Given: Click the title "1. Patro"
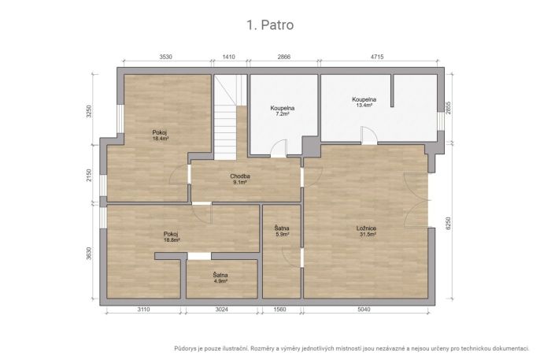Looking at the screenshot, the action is (x=270, y=24).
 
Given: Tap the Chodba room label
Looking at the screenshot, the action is (x=240, y=179).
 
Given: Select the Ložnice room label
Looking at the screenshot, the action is (x=367, y=231).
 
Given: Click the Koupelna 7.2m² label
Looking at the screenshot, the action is (x=283, y=110).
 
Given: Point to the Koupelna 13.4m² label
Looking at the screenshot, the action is (x=364, y=102).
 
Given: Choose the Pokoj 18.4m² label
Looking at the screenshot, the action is (x=160, y=135).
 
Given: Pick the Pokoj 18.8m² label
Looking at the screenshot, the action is (x=172, y=237).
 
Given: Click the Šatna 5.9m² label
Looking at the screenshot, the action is (x=282, y=231).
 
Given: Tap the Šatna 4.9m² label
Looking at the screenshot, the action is (x=220, y=278).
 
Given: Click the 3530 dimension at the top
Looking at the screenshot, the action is (x=165, y=57).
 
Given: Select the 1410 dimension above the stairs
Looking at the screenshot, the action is (x=229, y=57).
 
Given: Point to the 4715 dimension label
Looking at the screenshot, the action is (x=377, y=57).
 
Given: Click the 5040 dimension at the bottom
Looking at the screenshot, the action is (x=364, y=310).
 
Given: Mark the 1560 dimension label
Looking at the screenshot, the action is (x=279, y=310).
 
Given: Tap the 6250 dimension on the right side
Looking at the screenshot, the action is (x=448, y=223).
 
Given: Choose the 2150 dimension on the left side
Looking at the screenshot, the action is (x=89, y=176).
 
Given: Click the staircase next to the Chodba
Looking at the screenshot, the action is (x=226, y=117).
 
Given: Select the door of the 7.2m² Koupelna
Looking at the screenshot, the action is (x=279, y=149).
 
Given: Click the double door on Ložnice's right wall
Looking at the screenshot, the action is (x=416, y=200).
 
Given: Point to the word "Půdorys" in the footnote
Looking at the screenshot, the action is (x=185, y=349).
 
